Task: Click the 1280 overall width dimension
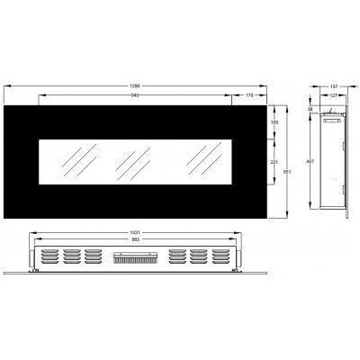[x=136, y=86]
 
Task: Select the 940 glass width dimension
[x=136, y=94]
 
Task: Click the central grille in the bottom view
[x=136, y=258]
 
